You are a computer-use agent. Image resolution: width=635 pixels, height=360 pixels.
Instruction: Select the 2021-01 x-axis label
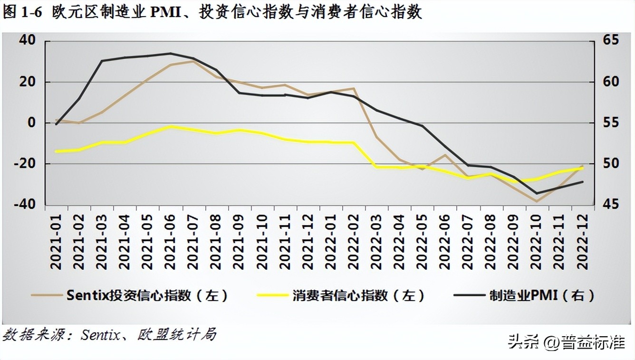[56, 242]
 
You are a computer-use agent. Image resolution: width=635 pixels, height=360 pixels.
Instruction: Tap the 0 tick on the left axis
[31, 123]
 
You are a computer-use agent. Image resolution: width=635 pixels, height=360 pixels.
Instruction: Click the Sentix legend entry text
[147, 295]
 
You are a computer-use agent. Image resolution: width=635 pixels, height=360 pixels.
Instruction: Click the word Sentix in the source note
[100, 335]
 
